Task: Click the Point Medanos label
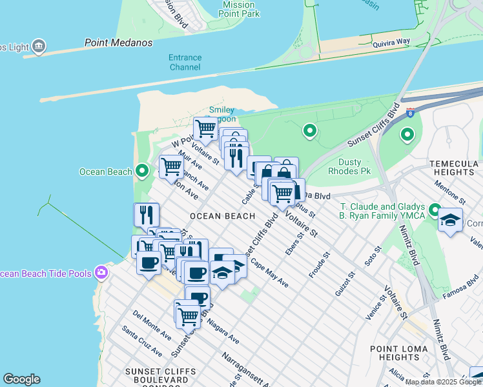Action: point(118,43)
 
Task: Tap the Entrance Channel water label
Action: point(185,62)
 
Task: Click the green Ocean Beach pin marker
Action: point(143,171)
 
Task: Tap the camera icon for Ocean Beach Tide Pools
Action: point(101,273)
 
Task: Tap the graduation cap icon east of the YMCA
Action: point(450,219)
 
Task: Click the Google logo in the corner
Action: point(21,379)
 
